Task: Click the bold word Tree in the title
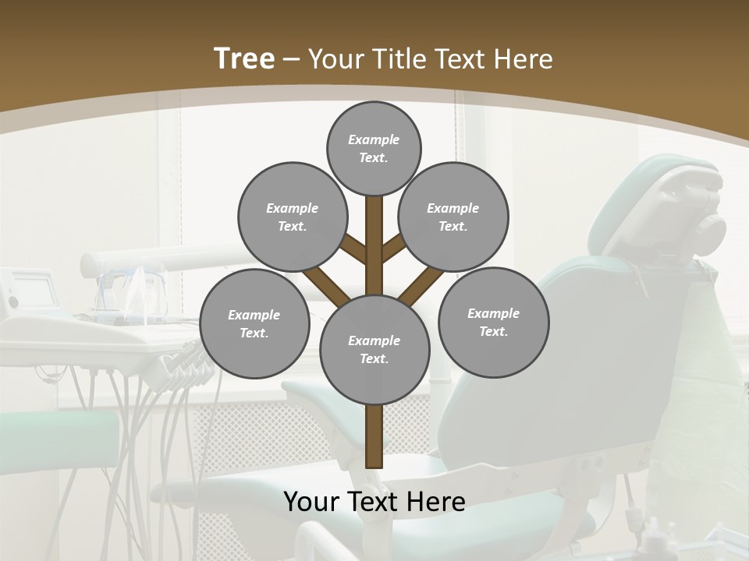click(244, 59)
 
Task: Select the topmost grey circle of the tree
click(374, 148)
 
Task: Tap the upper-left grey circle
click(292, 217)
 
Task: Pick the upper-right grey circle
click(453, 217)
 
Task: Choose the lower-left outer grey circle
click(254, 323)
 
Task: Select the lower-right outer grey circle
click(493, 322)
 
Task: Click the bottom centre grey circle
click(374, 349)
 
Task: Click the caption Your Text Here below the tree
click(374, 502)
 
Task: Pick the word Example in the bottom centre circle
click(374, 340)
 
